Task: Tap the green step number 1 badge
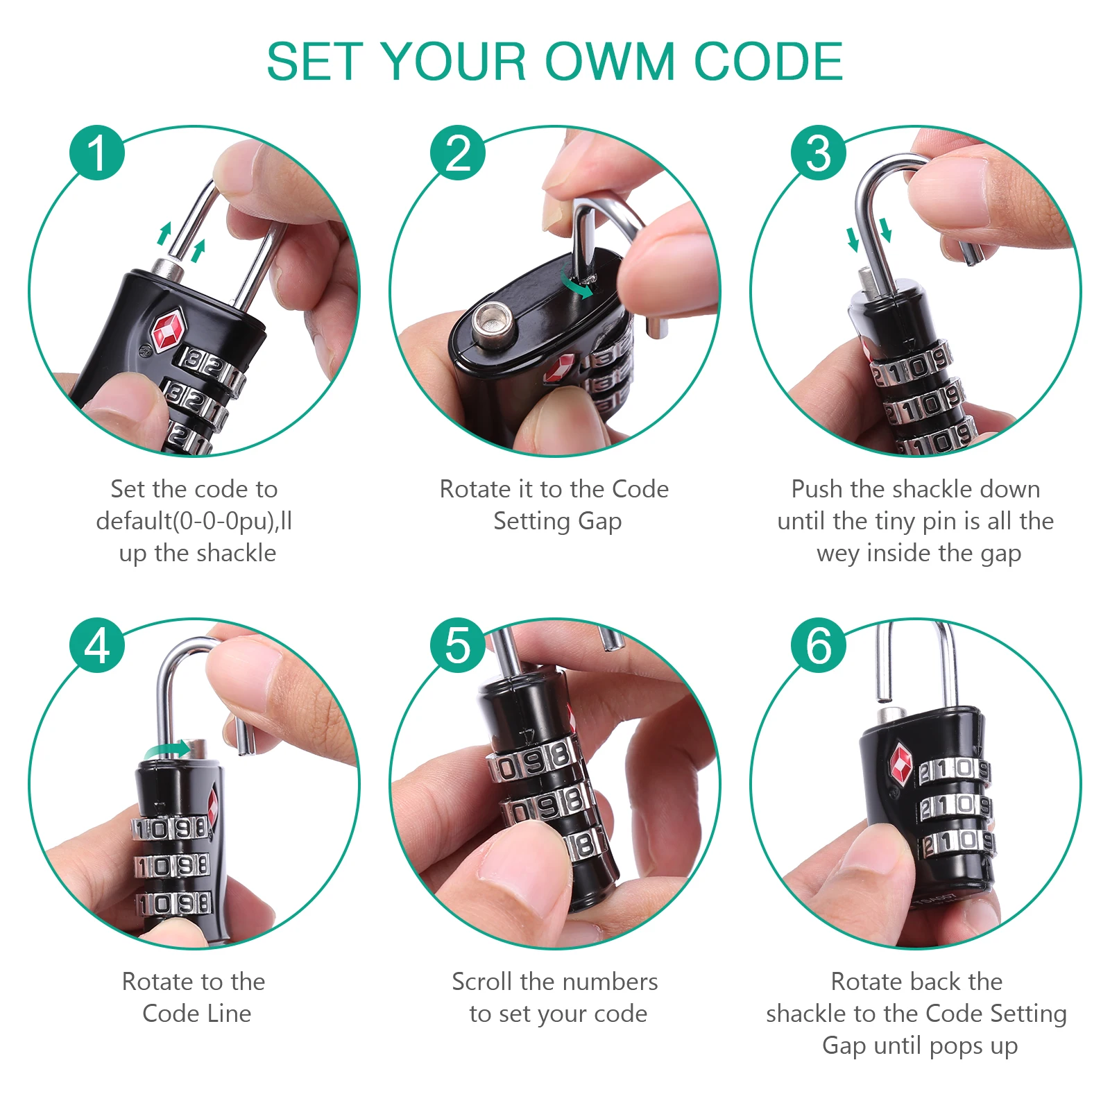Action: [97, 153]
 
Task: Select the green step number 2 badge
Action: [458, 153]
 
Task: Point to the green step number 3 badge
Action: [819, 153]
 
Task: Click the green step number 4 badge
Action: [97, 645]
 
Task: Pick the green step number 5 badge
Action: [458, 645]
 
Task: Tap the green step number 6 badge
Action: [819, 645]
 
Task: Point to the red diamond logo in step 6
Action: [900, 765]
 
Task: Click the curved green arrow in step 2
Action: [577, 284]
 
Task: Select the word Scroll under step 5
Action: [482, 982]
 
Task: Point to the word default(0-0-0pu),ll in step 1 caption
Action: [194, 521]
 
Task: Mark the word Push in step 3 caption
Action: [818, 489]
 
